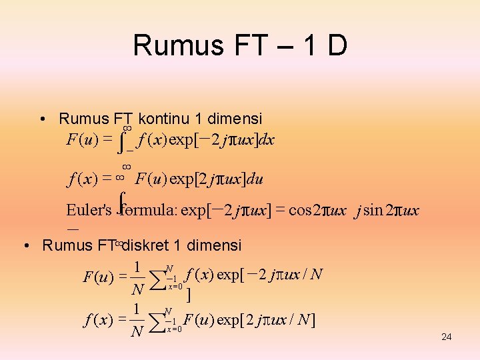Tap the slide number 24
click(x=447, y=337)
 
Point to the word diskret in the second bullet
click(x=148, y=245)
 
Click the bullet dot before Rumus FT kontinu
click(x=42, y=120)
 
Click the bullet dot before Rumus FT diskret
click(x=25, y=246)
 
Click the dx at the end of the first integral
click(x=267, y=140)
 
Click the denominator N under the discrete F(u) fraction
click(x=137, y=289)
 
